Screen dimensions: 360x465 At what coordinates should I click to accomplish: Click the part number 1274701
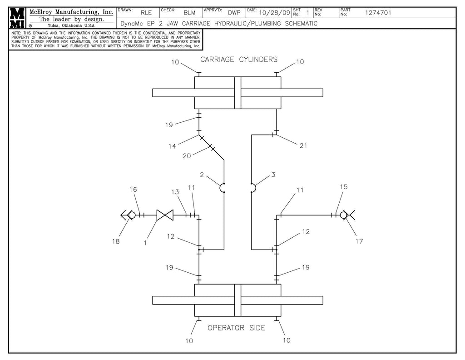coord(378,13)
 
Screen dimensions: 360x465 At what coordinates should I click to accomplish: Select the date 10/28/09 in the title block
coord(274,13)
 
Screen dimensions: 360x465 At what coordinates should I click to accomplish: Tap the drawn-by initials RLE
coord(146,13)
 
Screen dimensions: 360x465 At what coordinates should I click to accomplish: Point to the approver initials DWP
coord(234,13)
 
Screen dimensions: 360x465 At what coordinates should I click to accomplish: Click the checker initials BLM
coord(189,13)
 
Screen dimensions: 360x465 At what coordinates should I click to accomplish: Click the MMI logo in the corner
coord(17,18)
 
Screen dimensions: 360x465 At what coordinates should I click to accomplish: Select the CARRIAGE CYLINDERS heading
coord(239,60)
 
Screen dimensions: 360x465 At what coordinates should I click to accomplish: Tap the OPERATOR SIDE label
coord(236,328)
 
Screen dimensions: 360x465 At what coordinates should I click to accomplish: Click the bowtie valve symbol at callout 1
coord(162,215)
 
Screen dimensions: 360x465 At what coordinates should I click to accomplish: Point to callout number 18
coord(116,241)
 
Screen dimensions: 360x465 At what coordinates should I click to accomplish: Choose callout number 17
coord(359,241)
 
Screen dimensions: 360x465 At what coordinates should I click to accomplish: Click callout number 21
coord(304,145)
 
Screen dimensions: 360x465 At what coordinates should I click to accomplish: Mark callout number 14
coord(172,146)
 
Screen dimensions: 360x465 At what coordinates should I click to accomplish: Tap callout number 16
coord(133,189)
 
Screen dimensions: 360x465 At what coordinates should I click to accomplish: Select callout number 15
coord(343,187)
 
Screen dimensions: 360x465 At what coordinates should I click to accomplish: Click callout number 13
coord(175,192)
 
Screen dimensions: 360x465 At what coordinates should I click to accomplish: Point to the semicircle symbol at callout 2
coord(223,188)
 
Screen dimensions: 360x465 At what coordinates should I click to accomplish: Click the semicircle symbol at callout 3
coord(253,188)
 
